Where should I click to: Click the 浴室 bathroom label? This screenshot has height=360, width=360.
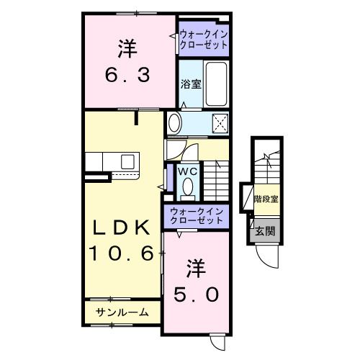click(190, 83)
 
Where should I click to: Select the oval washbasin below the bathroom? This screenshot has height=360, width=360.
click(175, 124)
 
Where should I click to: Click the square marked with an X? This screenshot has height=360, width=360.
click(220, 124)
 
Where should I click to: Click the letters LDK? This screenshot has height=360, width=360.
click(121, 229)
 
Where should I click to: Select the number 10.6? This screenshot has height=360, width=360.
click(121, 253)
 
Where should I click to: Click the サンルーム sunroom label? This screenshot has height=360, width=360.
click(123, 312)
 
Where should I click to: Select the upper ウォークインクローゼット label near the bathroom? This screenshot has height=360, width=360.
click(203, 38)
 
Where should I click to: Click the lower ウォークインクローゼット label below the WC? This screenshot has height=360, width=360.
click(197, 215)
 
